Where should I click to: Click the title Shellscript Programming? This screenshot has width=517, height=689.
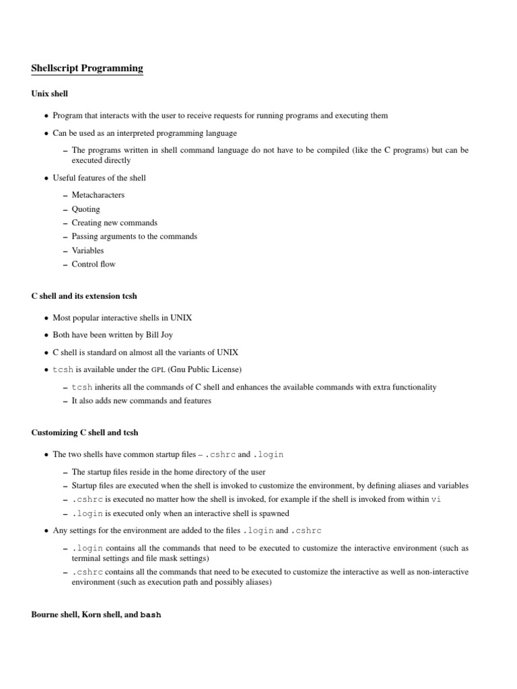coord(87,69)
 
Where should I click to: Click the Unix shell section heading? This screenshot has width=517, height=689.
coord(50,94)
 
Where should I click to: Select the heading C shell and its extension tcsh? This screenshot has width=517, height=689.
coord(84,296)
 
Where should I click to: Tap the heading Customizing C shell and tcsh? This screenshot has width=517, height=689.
coord(85,432)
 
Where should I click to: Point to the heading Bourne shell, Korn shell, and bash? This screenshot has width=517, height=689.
coord(96,615)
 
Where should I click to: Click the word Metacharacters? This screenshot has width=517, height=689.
coord(98,195)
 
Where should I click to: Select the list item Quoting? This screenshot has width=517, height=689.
coord(85,209)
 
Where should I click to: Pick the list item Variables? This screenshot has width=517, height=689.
coord(88,250)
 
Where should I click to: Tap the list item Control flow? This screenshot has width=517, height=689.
coord(94,264)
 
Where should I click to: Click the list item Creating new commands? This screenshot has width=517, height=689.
coord(114,223)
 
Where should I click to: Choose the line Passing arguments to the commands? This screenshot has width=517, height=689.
coord(135,237)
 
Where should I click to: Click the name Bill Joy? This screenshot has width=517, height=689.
coord(167,334)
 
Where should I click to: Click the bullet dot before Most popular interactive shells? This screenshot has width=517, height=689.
coord(46,318)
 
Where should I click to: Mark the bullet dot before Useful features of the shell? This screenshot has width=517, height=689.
coord(46,178)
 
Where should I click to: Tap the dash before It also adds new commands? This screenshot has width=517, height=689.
coord(65,402)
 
